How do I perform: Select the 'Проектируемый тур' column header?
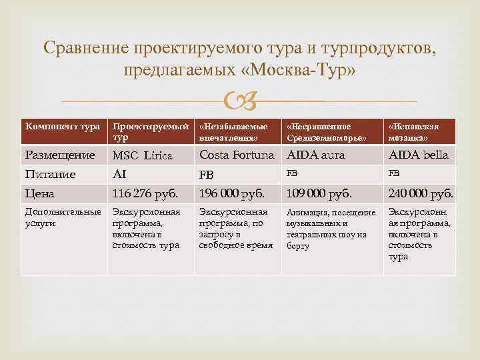coord(151,131)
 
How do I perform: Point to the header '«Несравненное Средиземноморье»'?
coord(331,131)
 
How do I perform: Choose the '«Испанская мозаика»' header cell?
coord(418,131)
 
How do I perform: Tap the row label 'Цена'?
coord(39,194)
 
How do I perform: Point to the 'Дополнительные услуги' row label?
coord(63,218)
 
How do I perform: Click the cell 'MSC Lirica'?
coord(142,156)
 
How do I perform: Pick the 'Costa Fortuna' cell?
coord(237,155)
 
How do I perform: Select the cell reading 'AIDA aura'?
coord(317,155)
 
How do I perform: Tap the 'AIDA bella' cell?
coord(418,155)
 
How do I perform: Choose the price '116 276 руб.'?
coord(145,194)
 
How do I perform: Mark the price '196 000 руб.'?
coord(232,194)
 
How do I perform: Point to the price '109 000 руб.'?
coord(319,194)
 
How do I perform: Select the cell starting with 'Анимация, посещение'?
coord(331,229)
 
